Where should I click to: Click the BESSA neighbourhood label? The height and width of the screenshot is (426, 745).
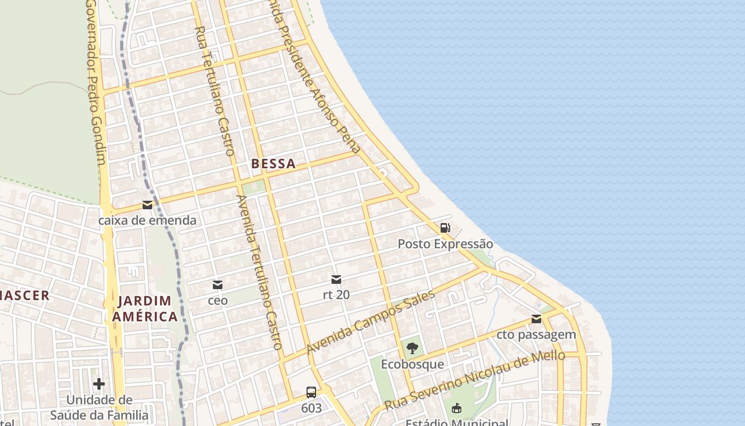tap(273, 163)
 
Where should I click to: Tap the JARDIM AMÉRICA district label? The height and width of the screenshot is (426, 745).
tap(144, 309)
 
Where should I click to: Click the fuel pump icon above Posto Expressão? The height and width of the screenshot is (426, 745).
tap(445, 228)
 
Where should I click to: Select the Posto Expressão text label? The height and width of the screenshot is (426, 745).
tap(445, 244)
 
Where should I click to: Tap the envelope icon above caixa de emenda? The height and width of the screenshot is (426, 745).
tap(147, 205)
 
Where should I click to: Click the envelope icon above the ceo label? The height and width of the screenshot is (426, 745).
tap(217, 285)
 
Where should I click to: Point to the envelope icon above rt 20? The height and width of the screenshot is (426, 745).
tap(336, 279)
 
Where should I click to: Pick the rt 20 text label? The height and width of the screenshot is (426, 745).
tap(336, 294)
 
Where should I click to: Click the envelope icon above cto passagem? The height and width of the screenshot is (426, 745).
tap(536, 319)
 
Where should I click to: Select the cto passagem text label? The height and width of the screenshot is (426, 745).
tap(536, 334)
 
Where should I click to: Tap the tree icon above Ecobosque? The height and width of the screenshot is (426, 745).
tap(412, 349)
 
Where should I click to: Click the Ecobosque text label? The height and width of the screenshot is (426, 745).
tap(412, 364)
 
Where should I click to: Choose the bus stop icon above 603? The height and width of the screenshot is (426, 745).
tap(311, 393)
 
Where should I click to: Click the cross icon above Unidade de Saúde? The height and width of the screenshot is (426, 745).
tap(99, 384)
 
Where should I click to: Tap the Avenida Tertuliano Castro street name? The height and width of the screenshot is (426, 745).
tap(259, 272)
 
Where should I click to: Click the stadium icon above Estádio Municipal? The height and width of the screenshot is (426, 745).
tap(456, 409)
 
